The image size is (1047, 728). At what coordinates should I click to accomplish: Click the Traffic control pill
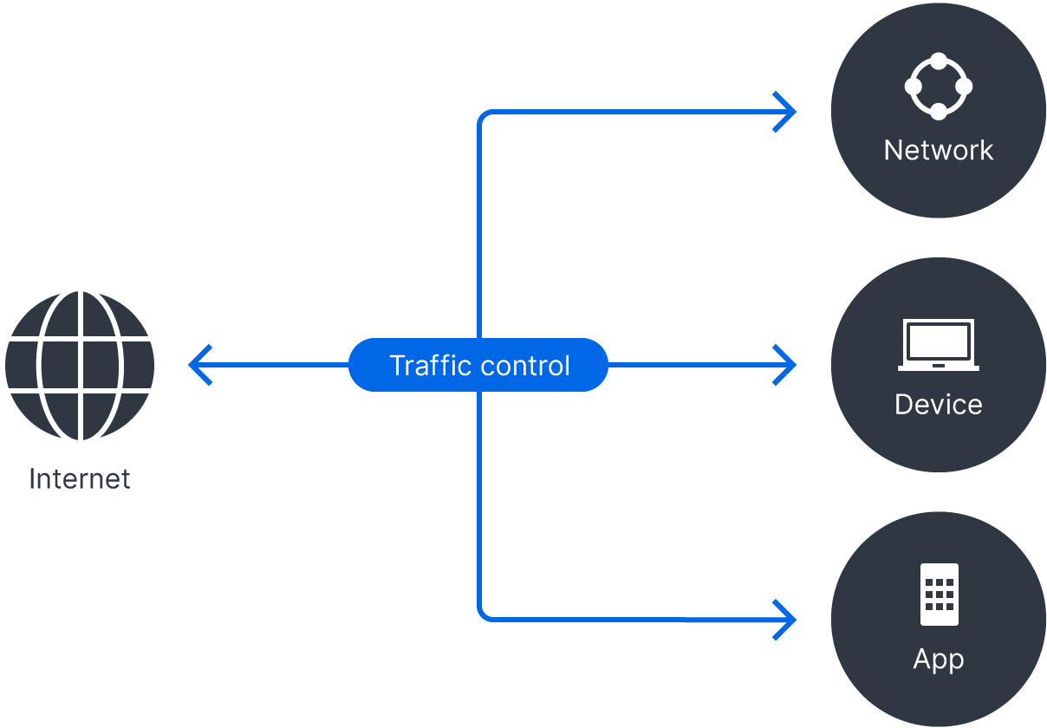coord(478,365)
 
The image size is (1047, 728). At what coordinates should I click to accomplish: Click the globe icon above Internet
coord(80,365)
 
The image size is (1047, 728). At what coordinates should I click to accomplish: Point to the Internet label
coord(80,479)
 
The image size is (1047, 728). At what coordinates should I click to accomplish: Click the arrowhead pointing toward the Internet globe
coord(199,365)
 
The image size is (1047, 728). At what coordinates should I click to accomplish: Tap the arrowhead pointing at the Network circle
coord(785,112)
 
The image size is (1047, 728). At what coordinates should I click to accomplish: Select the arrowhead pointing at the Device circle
coord(785,365)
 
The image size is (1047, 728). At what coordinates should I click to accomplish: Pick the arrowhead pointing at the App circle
coord(785,619)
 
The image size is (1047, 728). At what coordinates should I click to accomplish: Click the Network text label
coord(938,150)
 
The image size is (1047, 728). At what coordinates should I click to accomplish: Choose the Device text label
coord(938,404)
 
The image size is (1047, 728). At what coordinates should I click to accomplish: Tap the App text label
coord(938,659)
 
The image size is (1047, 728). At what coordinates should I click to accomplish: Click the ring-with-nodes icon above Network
coord(938,87)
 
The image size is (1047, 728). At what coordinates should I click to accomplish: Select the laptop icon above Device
coord(938,345)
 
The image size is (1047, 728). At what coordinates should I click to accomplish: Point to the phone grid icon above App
coord(939,595)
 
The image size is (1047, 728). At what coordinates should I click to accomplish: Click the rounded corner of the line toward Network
coord(483,116)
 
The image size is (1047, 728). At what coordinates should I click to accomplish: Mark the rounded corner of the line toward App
coord(483,614)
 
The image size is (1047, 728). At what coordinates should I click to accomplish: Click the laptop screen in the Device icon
coord(938,341)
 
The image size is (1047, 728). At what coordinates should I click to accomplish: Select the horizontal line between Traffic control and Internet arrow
coord(277,365)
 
